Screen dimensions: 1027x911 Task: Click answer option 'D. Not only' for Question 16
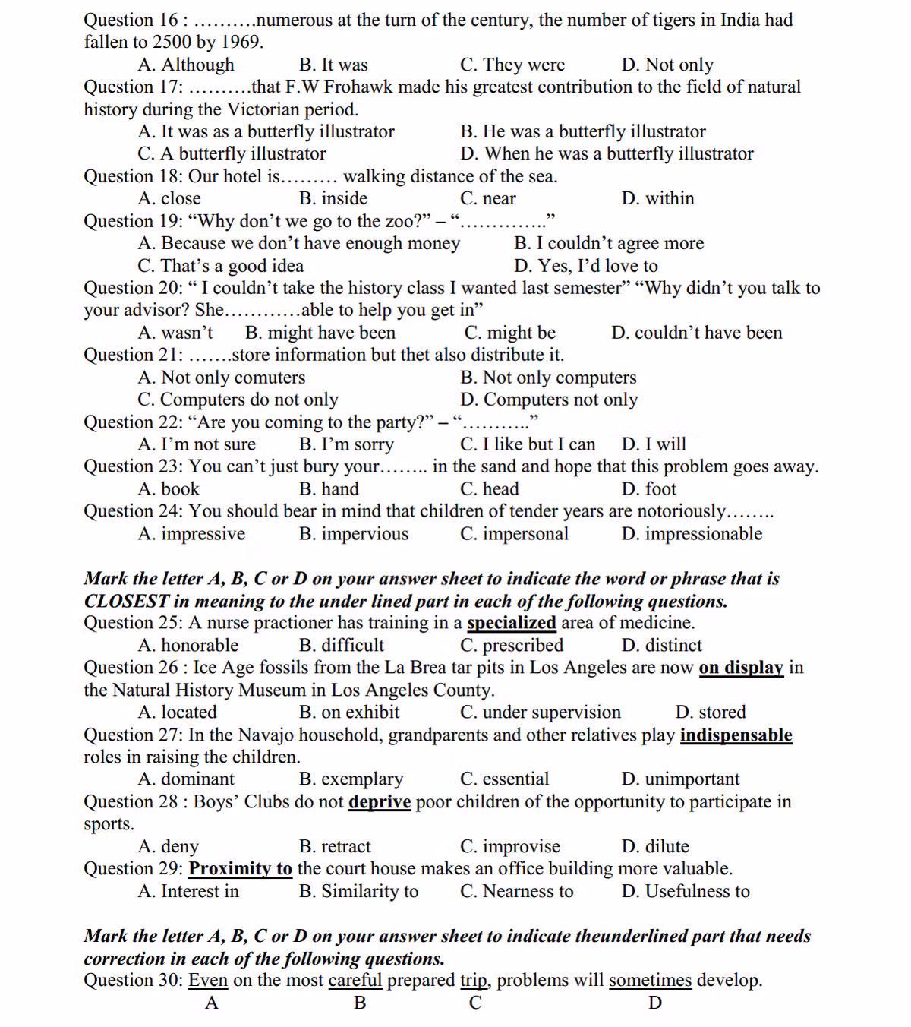tap(667, 65)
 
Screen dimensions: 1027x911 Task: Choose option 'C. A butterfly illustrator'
tap(232, 153)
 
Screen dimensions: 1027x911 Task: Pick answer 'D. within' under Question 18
tap(657, 198)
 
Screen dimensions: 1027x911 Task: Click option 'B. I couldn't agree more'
tap(609, 243)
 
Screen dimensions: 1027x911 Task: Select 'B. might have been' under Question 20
tap(320, 333)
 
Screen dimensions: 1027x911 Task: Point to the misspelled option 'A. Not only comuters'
tap(222, 378)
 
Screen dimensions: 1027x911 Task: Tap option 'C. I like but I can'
tap(528, 444)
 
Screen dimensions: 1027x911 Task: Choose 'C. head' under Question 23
tap(490, 489)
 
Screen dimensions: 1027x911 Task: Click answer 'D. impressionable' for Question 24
tap(692, 534)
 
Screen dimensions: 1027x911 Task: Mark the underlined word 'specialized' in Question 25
tap(511, 623)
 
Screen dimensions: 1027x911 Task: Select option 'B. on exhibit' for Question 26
tap(349, 713)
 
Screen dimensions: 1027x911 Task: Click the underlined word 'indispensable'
tap(736, 735)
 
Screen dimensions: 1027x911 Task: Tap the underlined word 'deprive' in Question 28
tap(380, 802)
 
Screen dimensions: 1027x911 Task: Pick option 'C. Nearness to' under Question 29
tap(516, 892)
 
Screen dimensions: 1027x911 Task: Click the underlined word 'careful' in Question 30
tap(355, 981)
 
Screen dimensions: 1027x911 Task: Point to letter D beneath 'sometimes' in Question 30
tap(655, 1003)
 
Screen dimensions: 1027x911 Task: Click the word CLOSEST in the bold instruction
tap(126, 601)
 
